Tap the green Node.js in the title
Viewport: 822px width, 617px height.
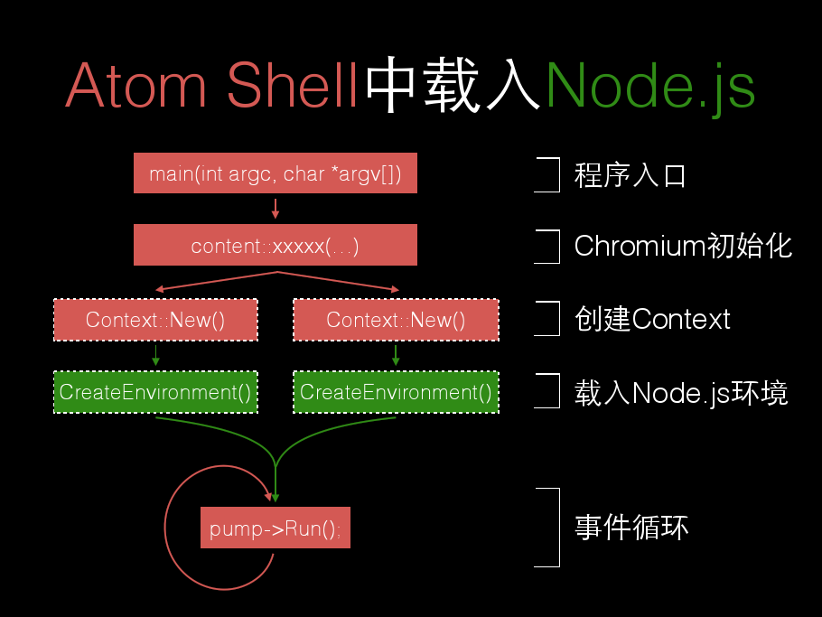[650, 86]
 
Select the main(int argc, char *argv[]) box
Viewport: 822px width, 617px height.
[276, 173]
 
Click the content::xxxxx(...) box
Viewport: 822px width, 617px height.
[276, 245]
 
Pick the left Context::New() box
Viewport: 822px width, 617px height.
[155, 320]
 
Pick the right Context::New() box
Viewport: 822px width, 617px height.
[396, 320]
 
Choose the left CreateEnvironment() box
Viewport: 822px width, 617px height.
[155, 392]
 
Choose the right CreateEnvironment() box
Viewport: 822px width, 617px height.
[396, 392]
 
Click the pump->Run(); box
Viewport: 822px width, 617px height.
[276, 528]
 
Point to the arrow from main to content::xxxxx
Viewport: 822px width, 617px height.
[276, 209]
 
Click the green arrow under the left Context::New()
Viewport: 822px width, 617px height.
[155, 355]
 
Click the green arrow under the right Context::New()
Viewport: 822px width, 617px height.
[396, 355]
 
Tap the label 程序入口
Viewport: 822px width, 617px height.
[631, 174]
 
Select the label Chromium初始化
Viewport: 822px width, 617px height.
[683, 246]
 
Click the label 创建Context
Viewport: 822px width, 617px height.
[652, 319]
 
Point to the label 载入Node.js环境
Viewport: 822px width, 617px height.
[681, 393]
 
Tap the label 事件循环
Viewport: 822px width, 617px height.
[631, 528]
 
